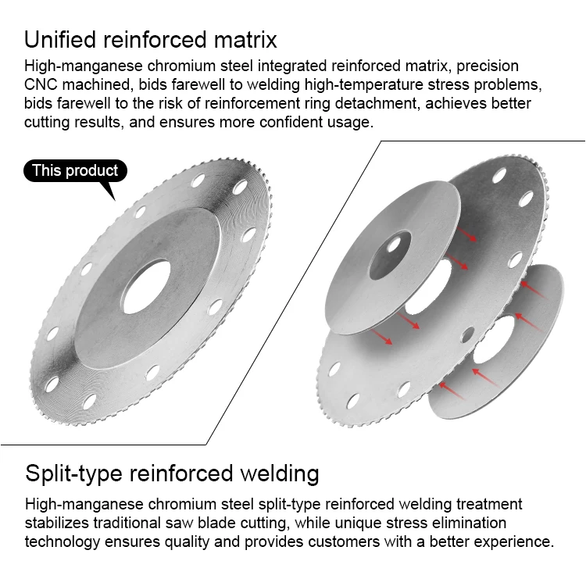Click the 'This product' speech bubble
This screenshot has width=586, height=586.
(x=75, y=171)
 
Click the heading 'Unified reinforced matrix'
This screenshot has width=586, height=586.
(x=150, y=39)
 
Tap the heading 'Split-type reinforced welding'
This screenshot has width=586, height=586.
(x=172, y=473)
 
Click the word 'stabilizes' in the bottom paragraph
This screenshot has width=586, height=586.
(x=60, y=523)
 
